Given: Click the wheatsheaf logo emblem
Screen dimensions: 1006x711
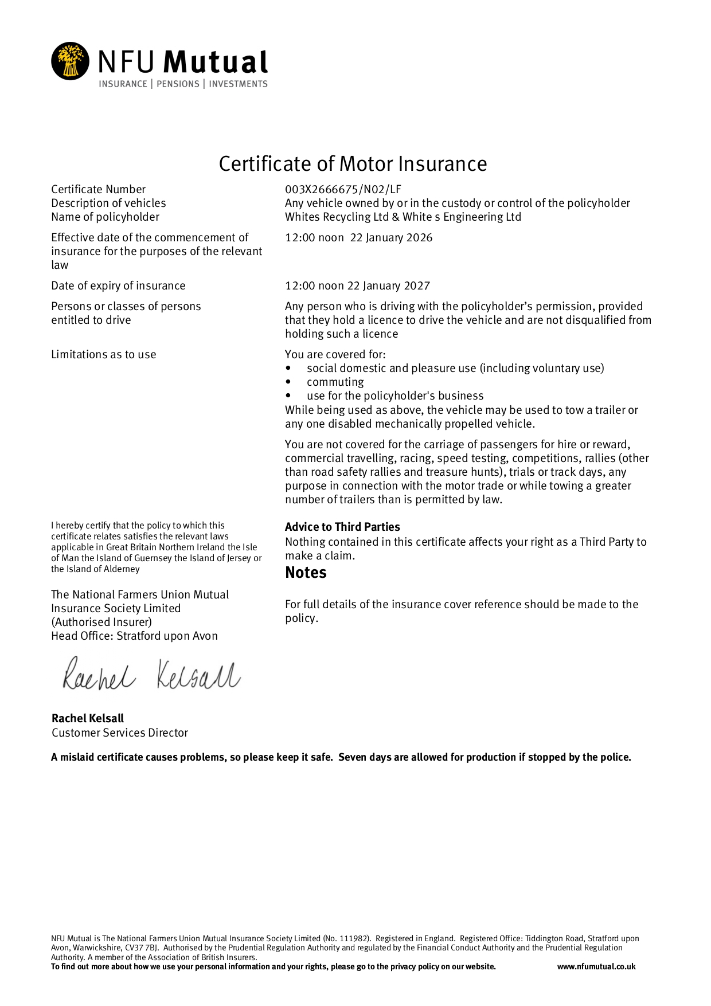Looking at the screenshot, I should pyautogui.click(x=70, y=61).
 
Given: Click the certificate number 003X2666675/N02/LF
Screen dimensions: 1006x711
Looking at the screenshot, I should pyautogui.click(x=343, y=189).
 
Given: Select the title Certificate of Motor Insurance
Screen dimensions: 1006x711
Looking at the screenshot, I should pyautogui.click(x=353, y=164).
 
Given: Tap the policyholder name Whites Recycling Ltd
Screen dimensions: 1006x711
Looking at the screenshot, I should pyautogui.click(x=337, y=217).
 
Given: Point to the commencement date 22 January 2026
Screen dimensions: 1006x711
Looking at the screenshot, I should pyautogui.click(x=391, y=238).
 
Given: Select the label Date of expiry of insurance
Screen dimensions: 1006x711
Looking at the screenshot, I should pyautogui.click(x=118, y=286).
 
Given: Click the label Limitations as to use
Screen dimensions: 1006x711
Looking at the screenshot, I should pyautogui.click(x=103, y=355).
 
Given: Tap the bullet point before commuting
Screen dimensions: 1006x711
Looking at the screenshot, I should pyautogui.click(x=288, y=382).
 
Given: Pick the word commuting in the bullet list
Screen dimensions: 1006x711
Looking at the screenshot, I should pyautogui.click(x=335, y=382).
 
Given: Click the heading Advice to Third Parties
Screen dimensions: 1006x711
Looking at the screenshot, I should pyautogui.click(x=342, y=527).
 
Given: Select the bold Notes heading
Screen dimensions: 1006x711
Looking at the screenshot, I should pyautogui.click(x=306, y=573).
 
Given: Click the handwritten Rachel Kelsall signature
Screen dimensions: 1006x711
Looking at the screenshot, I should pyautogui.click(x=151, y=675).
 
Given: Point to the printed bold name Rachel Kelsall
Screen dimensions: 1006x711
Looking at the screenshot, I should pyautogui.click(x=87, y=718).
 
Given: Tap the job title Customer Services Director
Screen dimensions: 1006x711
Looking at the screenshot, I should pyautogui.click(x=119, y=733).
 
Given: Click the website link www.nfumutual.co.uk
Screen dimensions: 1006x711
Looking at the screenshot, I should pyautogui.click(x=596, y=966).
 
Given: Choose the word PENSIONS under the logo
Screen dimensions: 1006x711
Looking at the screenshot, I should pyautogui.click(x=178, y=84).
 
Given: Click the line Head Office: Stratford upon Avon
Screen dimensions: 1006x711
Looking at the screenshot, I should pyautogui.click(x=134, y=636).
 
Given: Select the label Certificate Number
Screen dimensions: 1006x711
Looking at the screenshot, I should pyautogui.click(x=98, y=189).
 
